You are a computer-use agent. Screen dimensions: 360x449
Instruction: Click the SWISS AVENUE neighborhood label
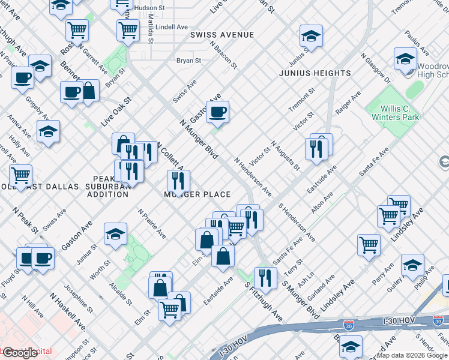click(x=222, y=35)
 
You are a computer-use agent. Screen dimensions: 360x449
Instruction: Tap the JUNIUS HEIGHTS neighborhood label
click(x=315, y=73)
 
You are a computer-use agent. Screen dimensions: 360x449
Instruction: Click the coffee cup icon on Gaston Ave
click(x=217, y=111)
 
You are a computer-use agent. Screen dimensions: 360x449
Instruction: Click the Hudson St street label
click(x=149, y=8)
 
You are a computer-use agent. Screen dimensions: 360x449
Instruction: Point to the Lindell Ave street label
click(x=172, y=27)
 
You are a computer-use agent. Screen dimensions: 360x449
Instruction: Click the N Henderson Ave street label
click(x=253, y=178)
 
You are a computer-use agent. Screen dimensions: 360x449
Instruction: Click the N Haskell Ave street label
click(x=68, y=314)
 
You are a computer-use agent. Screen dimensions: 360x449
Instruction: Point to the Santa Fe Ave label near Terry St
click(x=288, y=252)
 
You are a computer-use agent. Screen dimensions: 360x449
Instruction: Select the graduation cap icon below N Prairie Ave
click(x=115, y=234)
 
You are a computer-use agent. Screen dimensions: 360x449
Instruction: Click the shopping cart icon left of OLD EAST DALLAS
click(x=21, y=176)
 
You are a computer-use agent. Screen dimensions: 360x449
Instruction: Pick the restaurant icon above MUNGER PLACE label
click(x=178, y=180)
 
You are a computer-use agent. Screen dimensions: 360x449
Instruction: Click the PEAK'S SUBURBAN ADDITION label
click(x=111, y=186)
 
